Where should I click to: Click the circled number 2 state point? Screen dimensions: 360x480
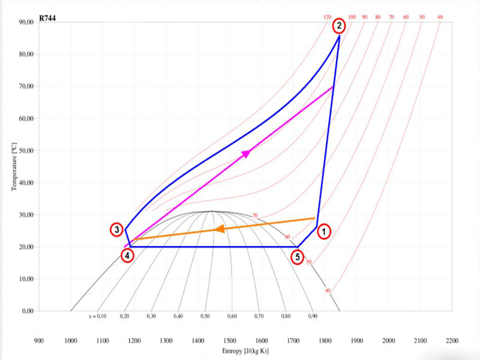pyautogui.click(x=340, y=26)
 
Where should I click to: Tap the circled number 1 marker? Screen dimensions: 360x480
pyautogui.click(x=323, y=230)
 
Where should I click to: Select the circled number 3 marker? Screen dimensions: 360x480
pyautogui.click(x=118, y=230)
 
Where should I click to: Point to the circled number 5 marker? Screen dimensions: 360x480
pyautogui.click(x=298, y=257)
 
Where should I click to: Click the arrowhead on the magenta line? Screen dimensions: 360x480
pyautogui.click(x=246, y=154)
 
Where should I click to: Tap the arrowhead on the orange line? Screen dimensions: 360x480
pyautogui.click(x=220, y=229)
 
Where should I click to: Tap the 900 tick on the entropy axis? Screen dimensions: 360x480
pyautogui.click(x=39, y=340)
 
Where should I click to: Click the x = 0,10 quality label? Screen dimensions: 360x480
pyautogui.click(x=97, y=316)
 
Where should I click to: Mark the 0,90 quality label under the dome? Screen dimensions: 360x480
pyautogui.click(x=313, y=316)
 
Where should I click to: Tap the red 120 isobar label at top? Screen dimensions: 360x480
pyautogui.click(x=327, y=17)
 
